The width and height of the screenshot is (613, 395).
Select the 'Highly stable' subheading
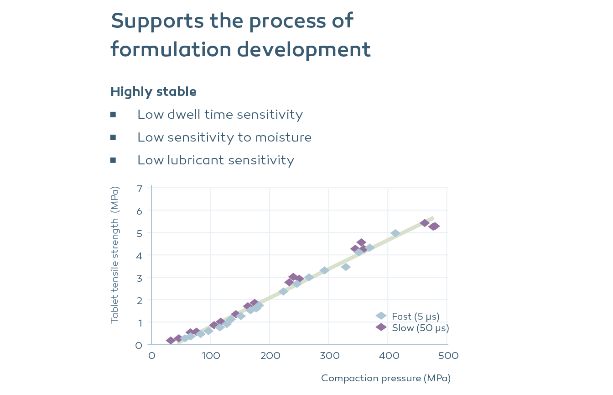click(x=153, y=92)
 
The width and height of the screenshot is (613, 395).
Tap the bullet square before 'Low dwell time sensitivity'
click(x=113, y=115)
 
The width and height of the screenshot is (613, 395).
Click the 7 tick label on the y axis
click(x=139, y=188)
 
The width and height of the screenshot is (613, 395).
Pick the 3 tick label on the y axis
click(x=139, y=278)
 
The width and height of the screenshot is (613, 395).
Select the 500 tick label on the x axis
click(x=447, y=356)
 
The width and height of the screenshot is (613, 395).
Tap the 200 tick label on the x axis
click(x=270, y=356)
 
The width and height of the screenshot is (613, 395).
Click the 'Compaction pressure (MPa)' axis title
click(x=385, y=378)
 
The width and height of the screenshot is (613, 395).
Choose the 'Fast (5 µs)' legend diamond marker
click(x=381, y=316)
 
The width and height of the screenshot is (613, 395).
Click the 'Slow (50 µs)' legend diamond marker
click(x=381, y=327)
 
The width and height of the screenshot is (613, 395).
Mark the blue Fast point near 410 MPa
click(x=395, y=233)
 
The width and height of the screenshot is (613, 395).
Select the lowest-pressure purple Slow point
click(x=171, y=341)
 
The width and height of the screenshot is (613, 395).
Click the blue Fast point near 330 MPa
click(x=346, y=267)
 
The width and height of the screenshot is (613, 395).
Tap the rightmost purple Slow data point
click(x=435, y=226)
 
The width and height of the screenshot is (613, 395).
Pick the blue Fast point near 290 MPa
click(x=324, y=270)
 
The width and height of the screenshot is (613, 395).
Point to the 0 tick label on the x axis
click(x=151, y=356)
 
